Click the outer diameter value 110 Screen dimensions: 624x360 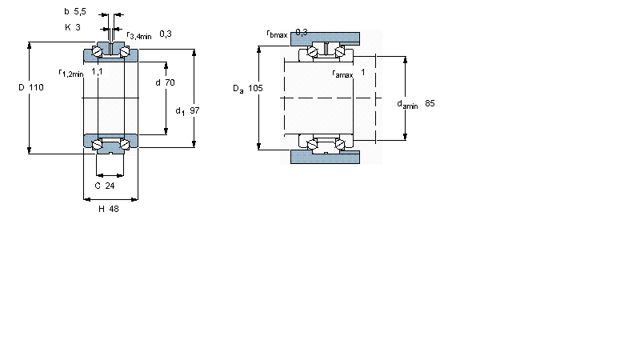point(36,87)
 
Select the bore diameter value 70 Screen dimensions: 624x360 point(170,82)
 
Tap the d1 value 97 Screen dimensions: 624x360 point(194,110)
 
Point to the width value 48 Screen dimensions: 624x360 point(114,209)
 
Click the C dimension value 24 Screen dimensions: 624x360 point(110,186)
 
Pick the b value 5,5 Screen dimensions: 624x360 point(80,11)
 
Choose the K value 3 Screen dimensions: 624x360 point(78,27)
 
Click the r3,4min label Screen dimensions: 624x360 point(139,35)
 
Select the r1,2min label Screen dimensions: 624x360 point(71,73)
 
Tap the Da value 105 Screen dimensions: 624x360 point(255,88)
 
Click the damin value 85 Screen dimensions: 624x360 point(430,103)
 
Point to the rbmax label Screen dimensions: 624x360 point(277,34)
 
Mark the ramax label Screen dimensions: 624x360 point(342,74)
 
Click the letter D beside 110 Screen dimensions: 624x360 point(22,87)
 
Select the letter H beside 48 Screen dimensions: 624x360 point(102,209)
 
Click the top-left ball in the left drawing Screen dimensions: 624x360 point(97,52)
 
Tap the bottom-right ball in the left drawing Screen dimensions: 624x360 point(125,144)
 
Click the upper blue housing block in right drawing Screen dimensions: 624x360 point(325,38)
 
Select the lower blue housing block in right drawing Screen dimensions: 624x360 point(325,157)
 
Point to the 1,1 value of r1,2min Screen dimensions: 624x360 point(97,72)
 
